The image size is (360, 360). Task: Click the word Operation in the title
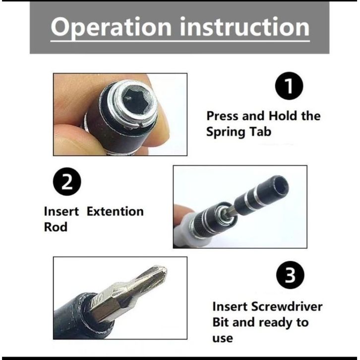[x=111, y=28]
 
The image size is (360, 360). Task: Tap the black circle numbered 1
[x=289, y=86]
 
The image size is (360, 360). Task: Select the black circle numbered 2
[x=67, y=181]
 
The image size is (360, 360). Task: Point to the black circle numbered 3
[x=290, y=275]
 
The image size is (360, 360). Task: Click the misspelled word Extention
[x=115, y=211]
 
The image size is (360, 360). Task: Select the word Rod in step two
[x=56, y=227]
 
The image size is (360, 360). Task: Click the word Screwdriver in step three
[x=287, y=306]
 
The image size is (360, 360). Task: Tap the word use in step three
[x=223, y=338]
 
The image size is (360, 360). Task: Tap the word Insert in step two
[x=61, y=211]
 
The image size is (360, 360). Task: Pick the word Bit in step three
[x=220, y=322]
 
